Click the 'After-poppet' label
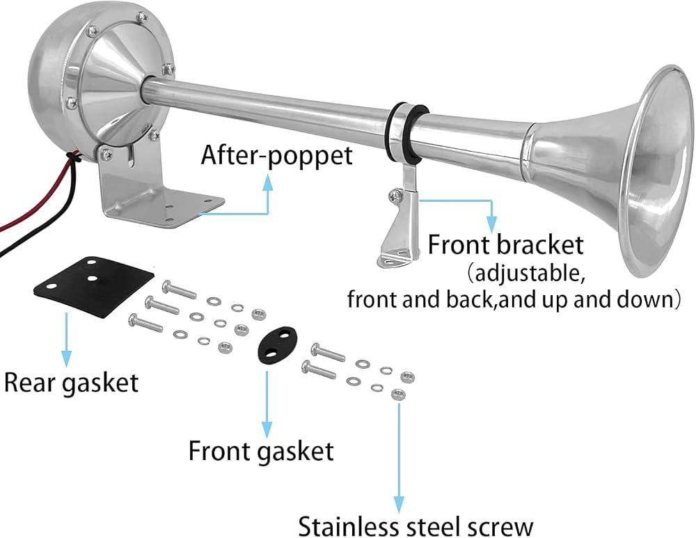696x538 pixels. point(277,155)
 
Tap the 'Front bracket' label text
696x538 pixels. point(505,244)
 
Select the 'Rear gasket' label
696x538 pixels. point(72,383)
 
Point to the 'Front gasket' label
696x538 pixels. point(261,451)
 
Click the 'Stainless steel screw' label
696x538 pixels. point(416,526)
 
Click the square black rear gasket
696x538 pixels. point(94,286)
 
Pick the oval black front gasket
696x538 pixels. point(278,345)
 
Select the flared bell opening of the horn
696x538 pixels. point(657,171)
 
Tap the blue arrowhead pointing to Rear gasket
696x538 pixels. point(66,358)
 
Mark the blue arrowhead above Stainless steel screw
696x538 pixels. point(399,505)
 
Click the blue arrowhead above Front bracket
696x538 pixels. point(491,223)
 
